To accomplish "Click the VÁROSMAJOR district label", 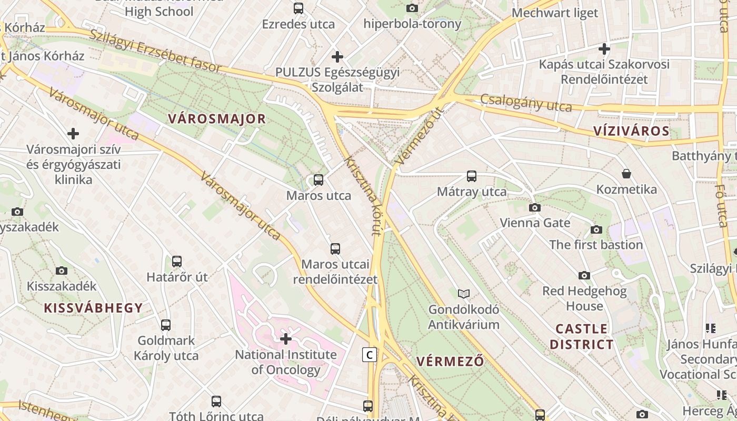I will click(x=217, y=119).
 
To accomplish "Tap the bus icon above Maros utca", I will click(x=318, y=180).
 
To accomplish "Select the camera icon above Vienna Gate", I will click(x=535, y=207).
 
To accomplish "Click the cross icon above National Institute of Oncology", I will click(x=286, y=338).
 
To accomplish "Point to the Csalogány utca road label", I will click(x=526, y=103).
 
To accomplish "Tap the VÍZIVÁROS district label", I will click(x=631, y=132).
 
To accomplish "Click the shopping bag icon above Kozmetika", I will click(x=626, y=174).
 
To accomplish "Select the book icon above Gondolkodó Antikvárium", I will click(x=464, y=294).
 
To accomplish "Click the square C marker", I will click(x=370, y=355).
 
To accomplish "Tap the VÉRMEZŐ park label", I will click(x=450, y=362).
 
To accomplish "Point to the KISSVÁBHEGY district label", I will click(x=93, y=308).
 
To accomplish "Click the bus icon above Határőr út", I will click(x=177, y=262).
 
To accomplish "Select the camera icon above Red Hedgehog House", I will click(x=584, y=275).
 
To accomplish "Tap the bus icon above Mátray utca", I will click(x=472, y=176).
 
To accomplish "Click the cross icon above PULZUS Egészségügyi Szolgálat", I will click(x=337, y=56).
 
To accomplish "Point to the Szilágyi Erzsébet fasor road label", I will click(x=155, y=50).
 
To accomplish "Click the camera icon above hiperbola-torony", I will click(x=412, y=8).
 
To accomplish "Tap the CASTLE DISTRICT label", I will click(x=582, y=337).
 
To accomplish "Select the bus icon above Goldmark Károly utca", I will click(x=166, y=325).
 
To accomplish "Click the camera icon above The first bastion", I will click(x=596, y=229).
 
